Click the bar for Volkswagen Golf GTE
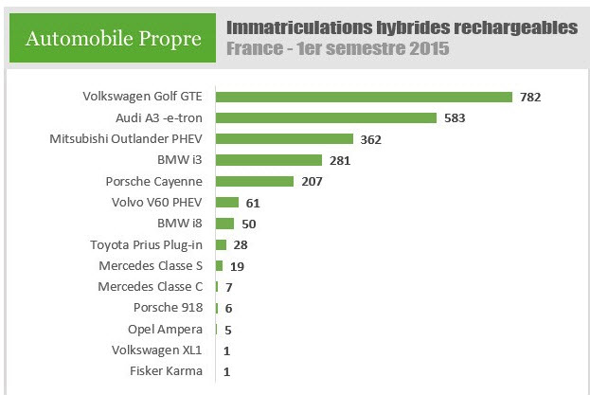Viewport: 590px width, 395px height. point(364,97)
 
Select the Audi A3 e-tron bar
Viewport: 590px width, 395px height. point(326,117)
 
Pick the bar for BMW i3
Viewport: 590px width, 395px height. point(269,160)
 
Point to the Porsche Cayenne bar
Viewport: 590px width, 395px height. point(255,181)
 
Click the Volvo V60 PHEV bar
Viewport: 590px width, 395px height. point(227,202)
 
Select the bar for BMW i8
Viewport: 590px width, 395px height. point(224,224)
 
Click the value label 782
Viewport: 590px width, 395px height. point(529,98)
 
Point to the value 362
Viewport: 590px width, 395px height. point(371,139)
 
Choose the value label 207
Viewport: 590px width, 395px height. point(313,182)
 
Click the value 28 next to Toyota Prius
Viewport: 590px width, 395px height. point(240,245)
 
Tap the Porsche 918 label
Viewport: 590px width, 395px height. point(169,307)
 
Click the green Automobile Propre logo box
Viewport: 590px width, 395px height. point(113,38)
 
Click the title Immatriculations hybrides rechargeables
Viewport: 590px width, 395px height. point(402,27)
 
